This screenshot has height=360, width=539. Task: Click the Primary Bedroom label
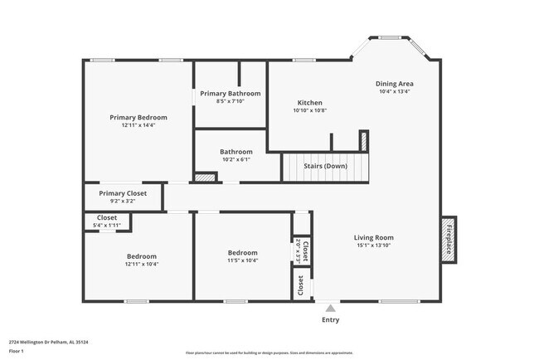click(x=138, y=117)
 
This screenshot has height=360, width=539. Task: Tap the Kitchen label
click(x=310, y=102)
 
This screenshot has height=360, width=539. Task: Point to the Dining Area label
click(x=395, y=84)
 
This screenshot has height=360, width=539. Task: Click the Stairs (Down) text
click(x=325, y=165)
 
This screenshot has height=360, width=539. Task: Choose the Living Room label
click(x=373, y=237)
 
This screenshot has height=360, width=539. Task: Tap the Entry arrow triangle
click(x=330, y=308)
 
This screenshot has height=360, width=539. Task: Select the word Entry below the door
click(x=330, y=320)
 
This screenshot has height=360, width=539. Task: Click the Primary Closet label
click(x=123, y=192)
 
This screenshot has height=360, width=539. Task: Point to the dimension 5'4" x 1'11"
click(x=107, y=225)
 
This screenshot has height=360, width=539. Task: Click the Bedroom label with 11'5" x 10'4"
click(x=243, y=252)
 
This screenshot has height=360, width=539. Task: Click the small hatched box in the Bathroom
click(x=204, y=176)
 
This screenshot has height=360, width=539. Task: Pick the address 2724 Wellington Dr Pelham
click(x=49, y=341)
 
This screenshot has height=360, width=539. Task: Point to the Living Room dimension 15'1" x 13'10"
click(x=373, y=246)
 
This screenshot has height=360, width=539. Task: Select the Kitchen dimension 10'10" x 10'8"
click(x=310, y=110)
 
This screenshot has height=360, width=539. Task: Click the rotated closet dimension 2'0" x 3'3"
click(x=299, y=251)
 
